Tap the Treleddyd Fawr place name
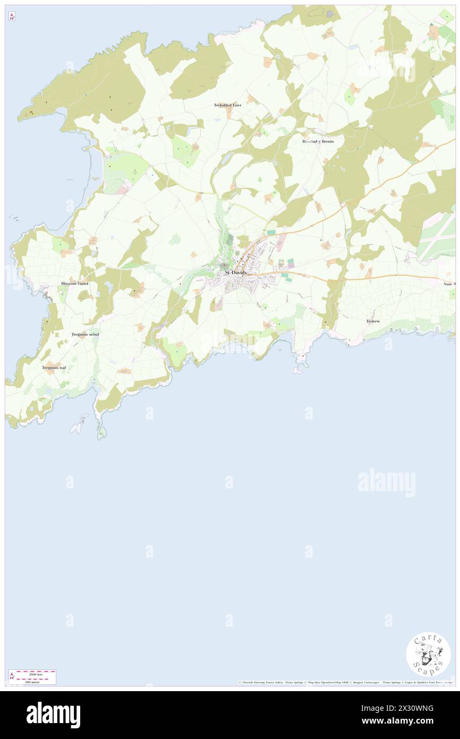[227, 105]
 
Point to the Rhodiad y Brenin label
[318, 142]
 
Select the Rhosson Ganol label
[75, 283]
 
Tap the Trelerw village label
[373, 321]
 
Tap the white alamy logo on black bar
[53, 715]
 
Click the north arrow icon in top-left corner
[12, 17]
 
